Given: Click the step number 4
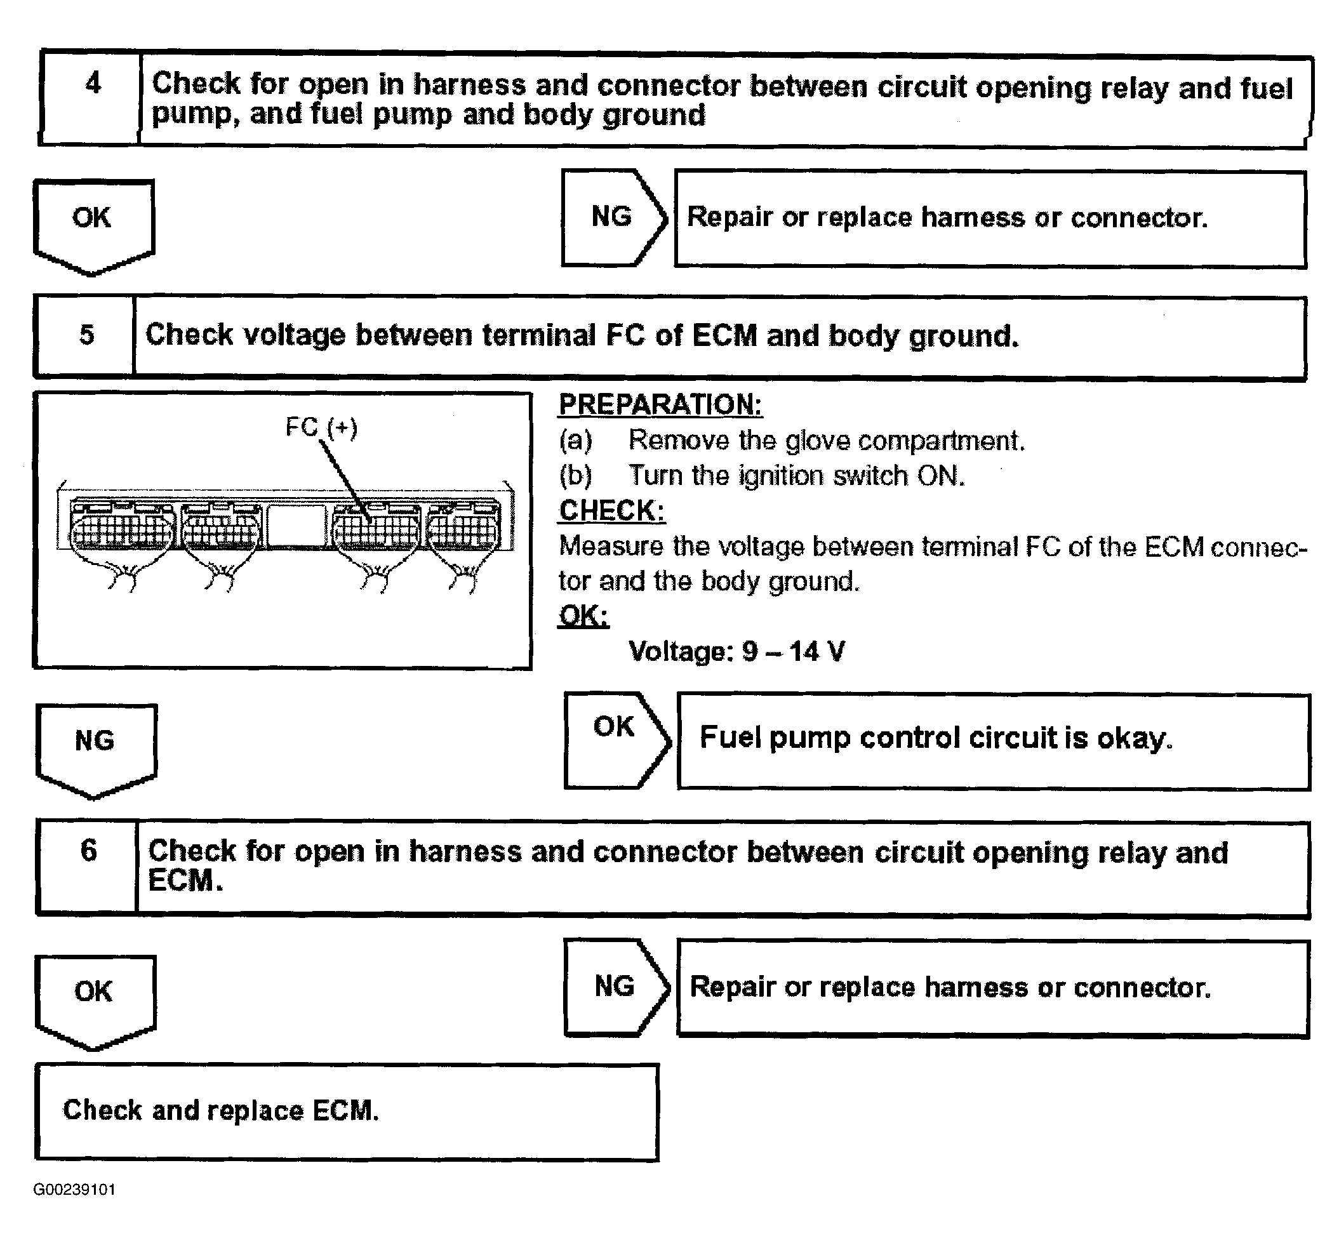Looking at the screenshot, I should (93, 83).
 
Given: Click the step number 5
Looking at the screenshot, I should (87, 335).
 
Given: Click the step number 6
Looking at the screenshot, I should (89, 850).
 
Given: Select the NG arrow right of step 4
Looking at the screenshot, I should (613, 216).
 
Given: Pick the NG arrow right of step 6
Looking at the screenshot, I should (615, 986).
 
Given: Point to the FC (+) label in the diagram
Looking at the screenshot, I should (321, 428).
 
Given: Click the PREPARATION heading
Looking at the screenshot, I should (660, 404).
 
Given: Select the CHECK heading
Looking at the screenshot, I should (611, 510).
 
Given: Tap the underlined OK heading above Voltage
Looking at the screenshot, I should (583, 615).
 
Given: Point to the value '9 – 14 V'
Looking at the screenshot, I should (794, 651).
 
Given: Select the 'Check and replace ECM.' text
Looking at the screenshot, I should (221, 1110).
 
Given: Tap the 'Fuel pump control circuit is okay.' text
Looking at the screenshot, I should (936, 738).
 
